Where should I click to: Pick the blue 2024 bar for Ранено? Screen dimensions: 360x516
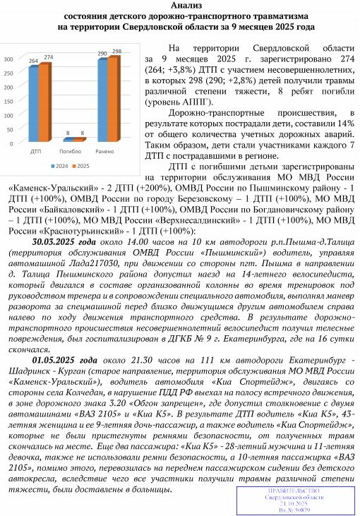pyautogui.click(x=102, y=100)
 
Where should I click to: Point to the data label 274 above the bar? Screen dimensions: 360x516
pyautogui.click(x=48, y=56)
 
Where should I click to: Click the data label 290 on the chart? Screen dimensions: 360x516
pyautogui.click(x=102, y=53)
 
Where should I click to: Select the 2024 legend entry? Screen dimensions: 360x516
pyautogui.click(x=60, y=167)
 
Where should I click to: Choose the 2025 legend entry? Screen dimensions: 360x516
pyautogui.click(x=83, y=167)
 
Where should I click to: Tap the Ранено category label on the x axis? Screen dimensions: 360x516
pyautogui.click(x=107, y=152)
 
